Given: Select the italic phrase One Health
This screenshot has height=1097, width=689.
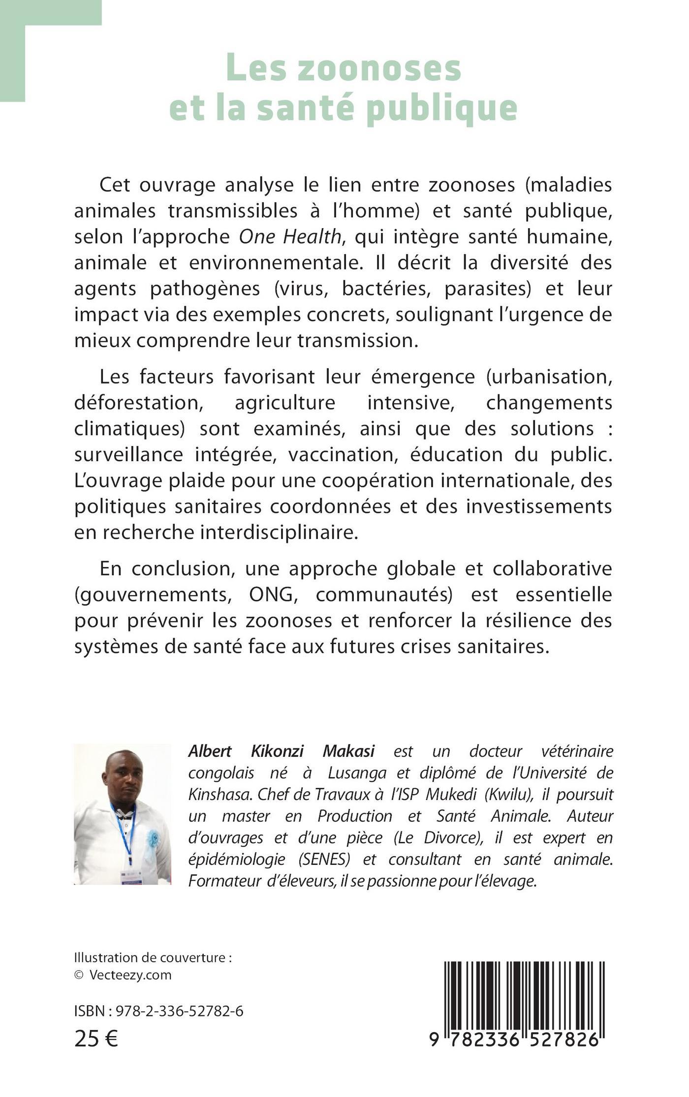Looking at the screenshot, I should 290,237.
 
